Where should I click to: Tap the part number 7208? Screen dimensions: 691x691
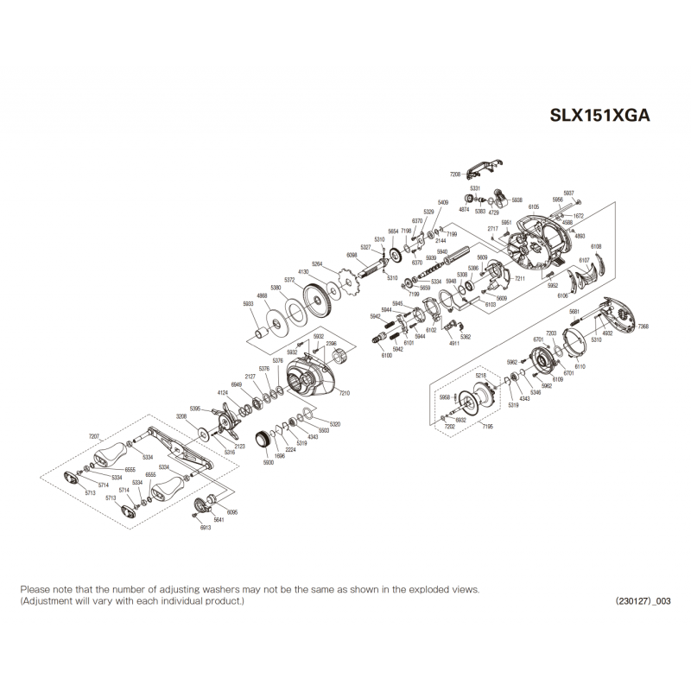pyautogui.click(x=455, y=174)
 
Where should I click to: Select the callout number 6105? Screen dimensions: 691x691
pyautogui.click(x=534, y=207)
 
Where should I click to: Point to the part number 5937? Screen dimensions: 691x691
pyautogui.click(x=568, y=193)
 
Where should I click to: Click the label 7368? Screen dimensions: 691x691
pyautogui.click(x=643, y=326)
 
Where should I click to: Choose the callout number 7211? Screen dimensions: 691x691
pyautogui.click(x=520, y=280)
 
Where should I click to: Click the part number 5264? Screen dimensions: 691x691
pyautogui.click(x=317, y=263)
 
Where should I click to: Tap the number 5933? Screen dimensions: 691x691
pyautogui.click(x=249, y=304)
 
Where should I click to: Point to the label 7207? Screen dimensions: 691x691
pyautogui.click(x=95, y=438)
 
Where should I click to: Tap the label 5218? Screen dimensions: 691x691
pyautogui.click(x=481, y=376)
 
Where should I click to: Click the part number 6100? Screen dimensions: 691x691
pyautogui.click(x=386, y=355)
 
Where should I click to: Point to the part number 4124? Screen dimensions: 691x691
pyautogui.click(x=223, y=393)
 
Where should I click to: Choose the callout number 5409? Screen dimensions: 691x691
pyautogui.click(x=443, y=202)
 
